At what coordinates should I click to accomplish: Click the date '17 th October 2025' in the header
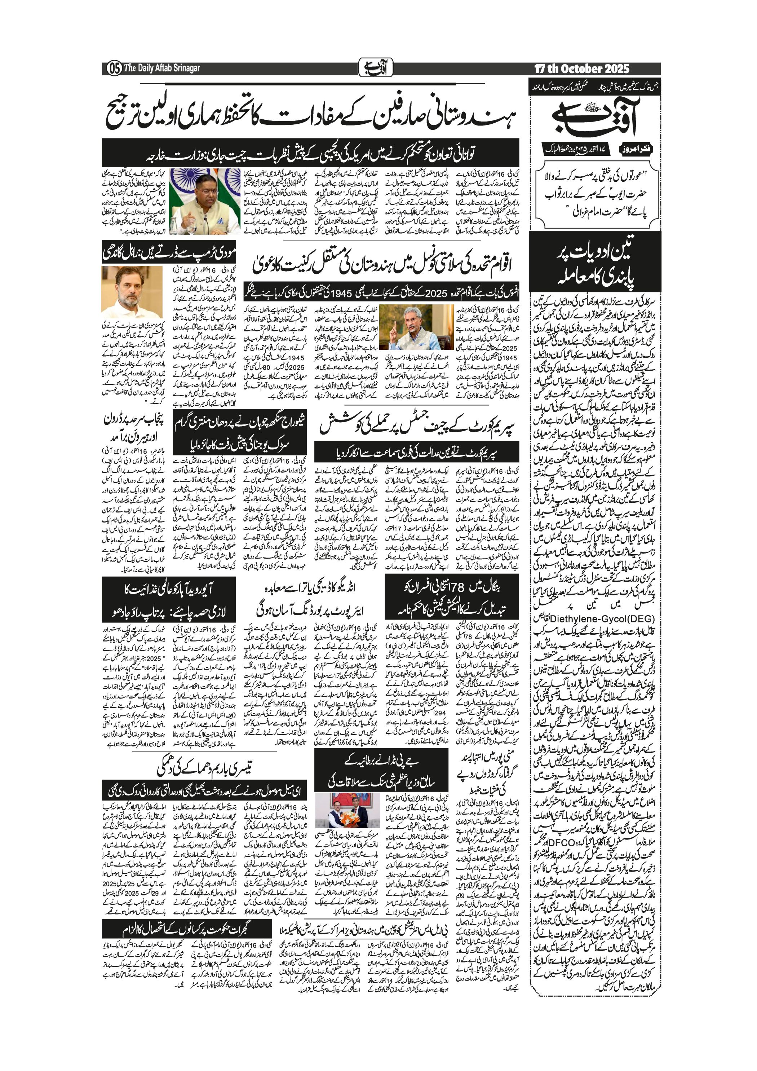click(x=581, y=69)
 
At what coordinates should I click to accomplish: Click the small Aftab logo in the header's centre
click(x=376, y=68)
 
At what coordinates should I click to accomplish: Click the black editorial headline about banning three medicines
click(x=595, y=265)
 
